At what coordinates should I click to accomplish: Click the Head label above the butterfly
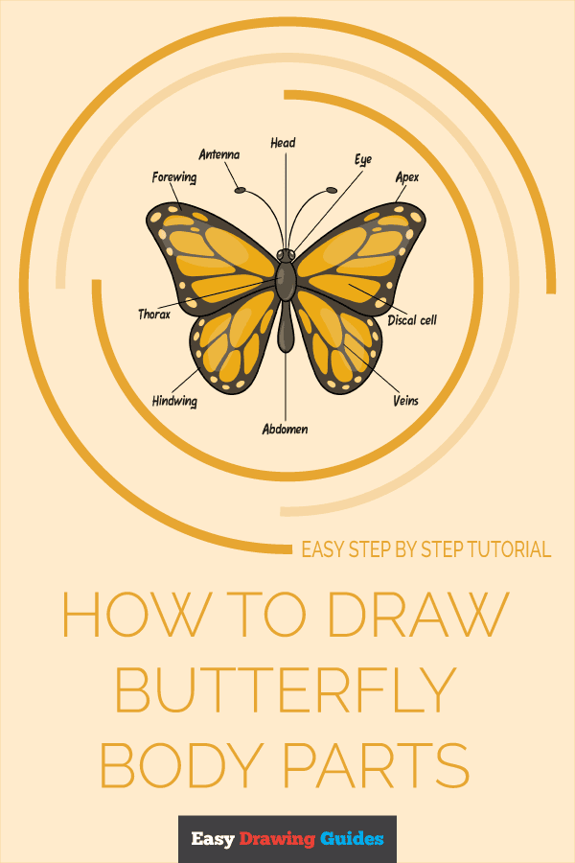(283, 143)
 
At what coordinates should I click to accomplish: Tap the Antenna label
(218, 154)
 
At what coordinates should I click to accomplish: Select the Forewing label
(174, 177)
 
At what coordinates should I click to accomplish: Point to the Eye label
(362, 160)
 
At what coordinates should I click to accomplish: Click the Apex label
(407, 177)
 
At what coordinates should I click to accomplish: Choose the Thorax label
(154, 314)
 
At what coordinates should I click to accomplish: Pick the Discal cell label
(412, 319)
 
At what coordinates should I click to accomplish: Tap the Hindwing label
(174, 401)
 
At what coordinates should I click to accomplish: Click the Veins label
(405, 400)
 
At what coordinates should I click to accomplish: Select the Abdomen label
(286, 430)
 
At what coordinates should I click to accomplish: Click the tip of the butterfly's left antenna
(241, 189)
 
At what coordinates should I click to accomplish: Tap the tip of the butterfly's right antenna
(332, 190)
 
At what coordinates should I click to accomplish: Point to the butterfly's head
(286, 255)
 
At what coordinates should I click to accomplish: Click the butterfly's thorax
(286, 281)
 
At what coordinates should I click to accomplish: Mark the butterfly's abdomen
(286, 331)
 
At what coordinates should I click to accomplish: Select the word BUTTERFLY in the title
(285, 689)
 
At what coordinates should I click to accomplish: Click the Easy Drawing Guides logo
(287, 839)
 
